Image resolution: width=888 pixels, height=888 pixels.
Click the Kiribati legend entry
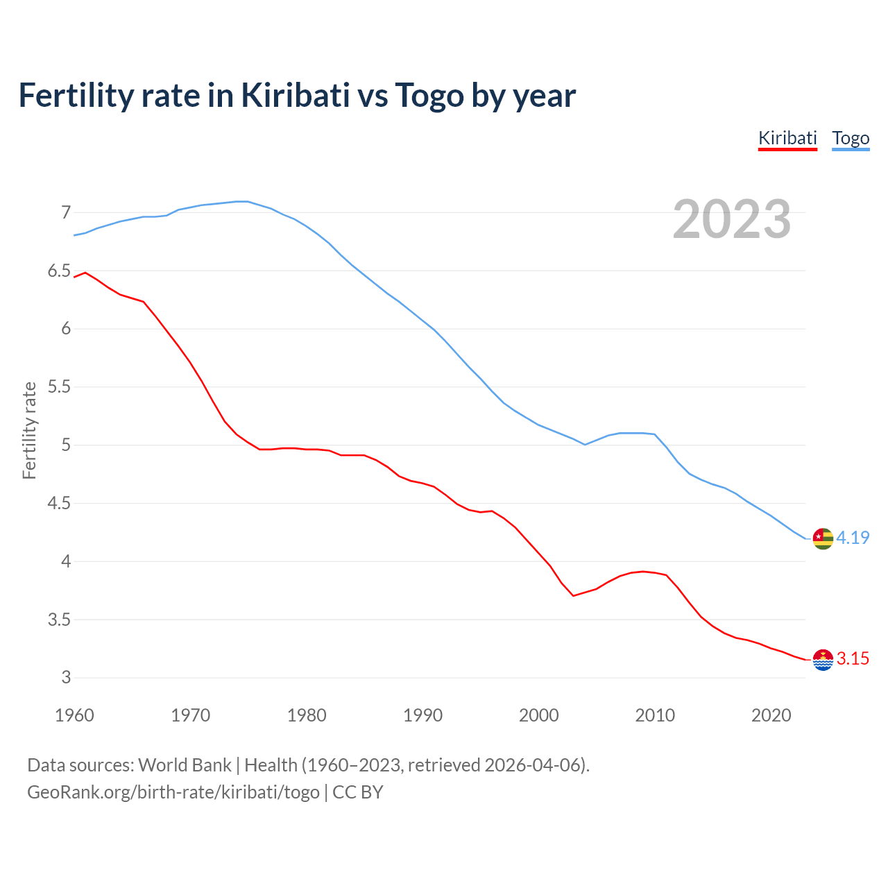tap(787, 138)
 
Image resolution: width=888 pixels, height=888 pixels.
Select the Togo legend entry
tap(851, 138)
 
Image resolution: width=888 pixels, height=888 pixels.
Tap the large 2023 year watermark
tap(732, 219)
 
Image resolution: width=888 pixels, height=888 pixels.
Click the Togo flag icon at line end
tap(823, 538)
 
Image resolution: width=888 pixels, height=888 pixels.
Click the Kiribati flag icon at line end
tap(823, 660)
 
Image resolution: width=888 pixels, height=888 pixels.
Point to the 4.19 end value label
tap(853, 538)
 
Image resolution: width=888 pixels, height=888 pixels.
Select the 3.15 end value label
tap(853, 659)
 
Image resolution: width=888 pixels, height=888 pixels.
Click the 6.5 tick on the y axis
tap(59, 271)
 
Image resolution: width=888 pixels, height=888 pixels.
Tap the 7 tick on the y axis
tap(66, 212)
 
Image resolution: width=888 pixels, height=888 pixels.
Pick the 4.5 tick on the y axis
tap(59, 503)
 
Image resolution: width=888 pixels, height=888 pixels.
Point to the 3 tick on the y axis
tap(66, 678)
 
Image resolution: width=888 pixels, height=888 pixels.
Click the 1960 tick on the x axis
tap(74, 715)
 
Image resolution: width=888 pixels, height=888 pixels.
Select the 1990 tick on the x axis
tap(422, 715)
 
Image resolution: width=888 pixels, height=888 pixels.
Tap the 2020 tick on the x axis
tap(771, 715)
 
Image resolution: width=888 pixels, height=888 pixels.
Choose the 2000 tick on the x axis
tap(539, 715)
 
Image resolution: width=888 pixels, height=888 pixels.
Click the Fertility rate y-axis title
tap(29, 430)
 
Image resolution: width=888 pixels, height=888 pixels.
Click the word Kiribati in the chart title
tap(296, 95)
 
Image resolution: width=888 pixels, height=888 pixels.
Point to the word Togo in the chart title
tap(429, 95)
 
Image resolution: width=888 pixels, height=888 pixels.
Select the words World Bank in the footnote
tap(185, 765)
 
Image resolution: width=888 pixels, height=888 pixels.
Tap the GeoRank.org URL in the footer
tap(173, 792)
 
